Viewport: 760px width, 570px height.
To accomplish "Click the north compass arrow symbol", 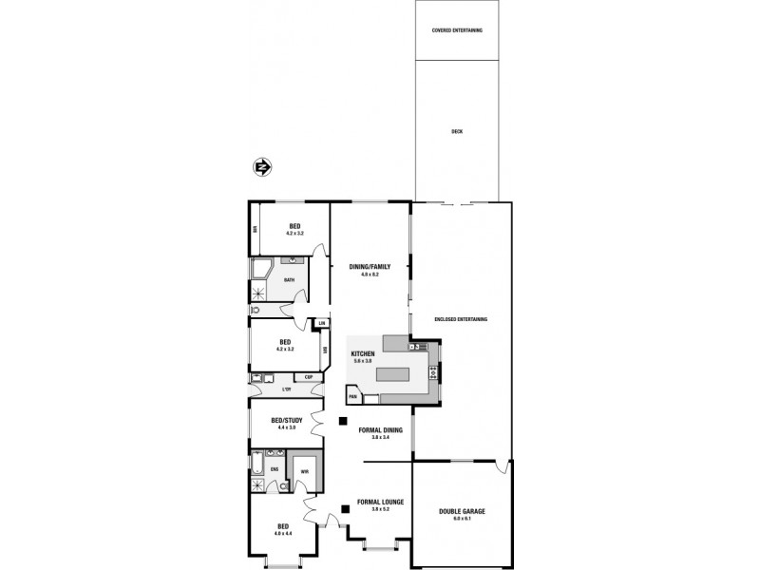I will (x=262, y=167).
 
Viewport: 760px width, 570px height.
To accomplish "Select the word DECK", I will (x=457, y=131).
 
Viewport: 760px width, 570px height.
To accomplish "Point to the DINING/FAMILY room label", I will (x=370, y=267).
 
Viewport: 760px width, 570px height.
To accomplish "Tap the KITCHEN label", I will (x=363, y=353).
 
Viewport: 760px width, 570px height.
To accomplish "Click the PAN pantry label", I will (x=351, y=396).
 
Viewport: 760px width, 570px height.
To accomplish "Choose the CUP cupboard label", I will (x=309, y=378).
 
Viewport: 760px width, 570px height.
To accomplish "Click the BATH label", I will (x=289, y=279).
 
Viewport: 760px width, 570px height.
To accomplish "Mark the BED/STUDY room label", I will (x=287, y=420).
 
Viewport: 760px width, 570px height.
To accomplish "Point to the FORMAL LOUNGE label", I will (x=380, y=502).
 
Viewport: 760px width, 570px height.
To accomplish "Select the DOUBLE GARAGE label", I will (x=462, y=511).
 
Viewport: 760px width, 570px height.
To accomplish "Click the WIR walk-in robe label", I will (x=304, y=469).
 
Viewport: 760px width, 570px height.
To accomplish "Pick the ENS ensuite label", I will (x=275, y=469).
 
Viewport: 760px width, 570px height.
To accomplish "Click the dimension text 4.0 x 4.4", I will (x=282, y=533).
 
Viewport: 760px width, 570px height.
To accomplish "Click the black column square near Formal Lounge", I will (x=346, y=509).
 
